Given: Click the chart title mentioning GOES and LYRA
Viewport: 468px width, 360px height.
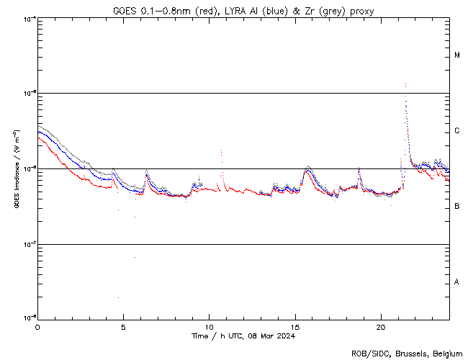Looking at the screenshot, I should point(243,11).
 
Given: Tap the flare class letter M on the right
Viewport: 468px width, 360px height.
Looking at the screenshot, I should point(456,55).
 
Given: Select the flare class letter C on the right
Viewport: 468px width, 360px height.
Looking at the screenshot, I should point(456,131).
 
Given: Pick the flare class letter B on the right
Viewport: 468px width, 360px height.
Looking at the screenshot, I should point(456,207).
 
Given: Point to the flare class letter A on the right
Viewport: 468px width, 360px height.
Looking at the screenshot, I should point(456,282).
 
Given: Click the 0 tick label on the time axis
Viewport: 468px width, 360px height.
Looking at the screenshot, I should point(37,327).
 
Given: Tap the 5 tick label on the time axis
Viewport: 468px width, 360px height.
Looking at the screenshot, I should point(123,327).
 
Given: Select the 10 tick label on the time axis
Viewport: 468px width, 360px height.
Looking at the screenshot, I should point(209,327).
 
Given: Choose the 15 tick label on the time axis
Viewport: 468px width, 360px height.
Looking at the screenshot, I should point(295,327).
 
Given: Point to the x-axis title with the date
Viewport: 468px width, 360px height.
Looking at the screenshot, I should point(243,336).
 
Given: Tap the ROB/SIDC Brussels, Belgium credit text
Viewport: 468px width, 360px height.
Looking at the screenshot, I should point(406,353).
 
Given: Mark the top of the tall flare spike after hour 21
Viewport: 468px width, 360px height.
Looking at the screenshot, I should point(405,84).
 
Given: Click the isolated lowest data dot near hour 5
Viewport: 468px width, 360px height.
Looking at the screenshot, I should point(118,297).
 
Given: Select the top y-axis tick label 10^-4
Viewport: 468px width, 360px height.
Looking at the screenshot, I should point(30,18).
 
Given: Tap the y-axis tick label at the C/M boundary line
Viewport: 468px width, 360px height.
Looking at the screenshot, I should point(30,93).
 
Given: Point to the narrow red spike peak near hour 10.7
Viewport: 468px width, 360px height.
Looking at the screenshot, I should point(221,150).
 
